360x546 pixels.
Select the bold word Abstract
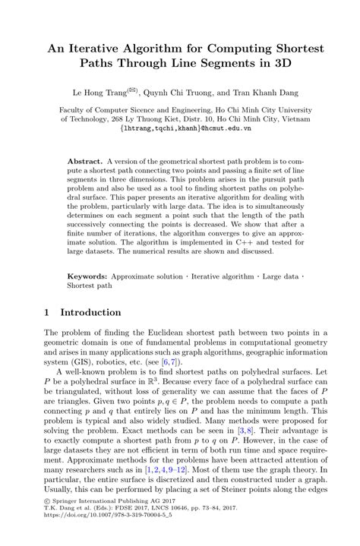point(85,163)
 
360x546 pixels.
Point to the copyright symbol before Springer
point(47,518)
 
